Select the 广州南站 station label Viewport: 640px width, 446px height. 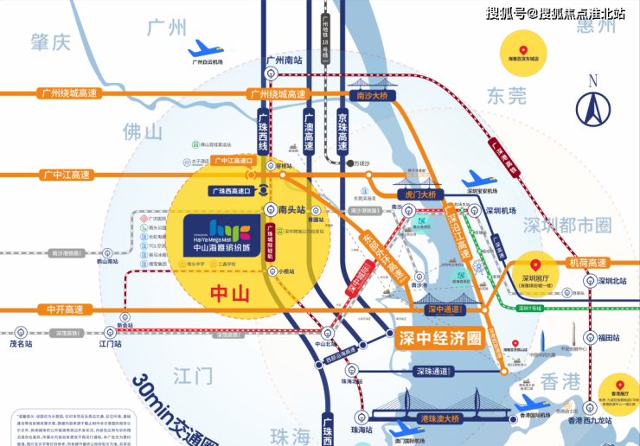284,61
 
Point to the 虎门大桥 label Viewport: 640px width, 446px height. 419,195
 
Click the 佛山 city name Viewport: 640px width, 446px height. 143,132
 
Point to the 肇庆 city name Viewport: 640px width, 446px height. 49,41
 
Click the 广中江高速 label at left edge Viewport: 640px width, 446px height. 67,175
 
